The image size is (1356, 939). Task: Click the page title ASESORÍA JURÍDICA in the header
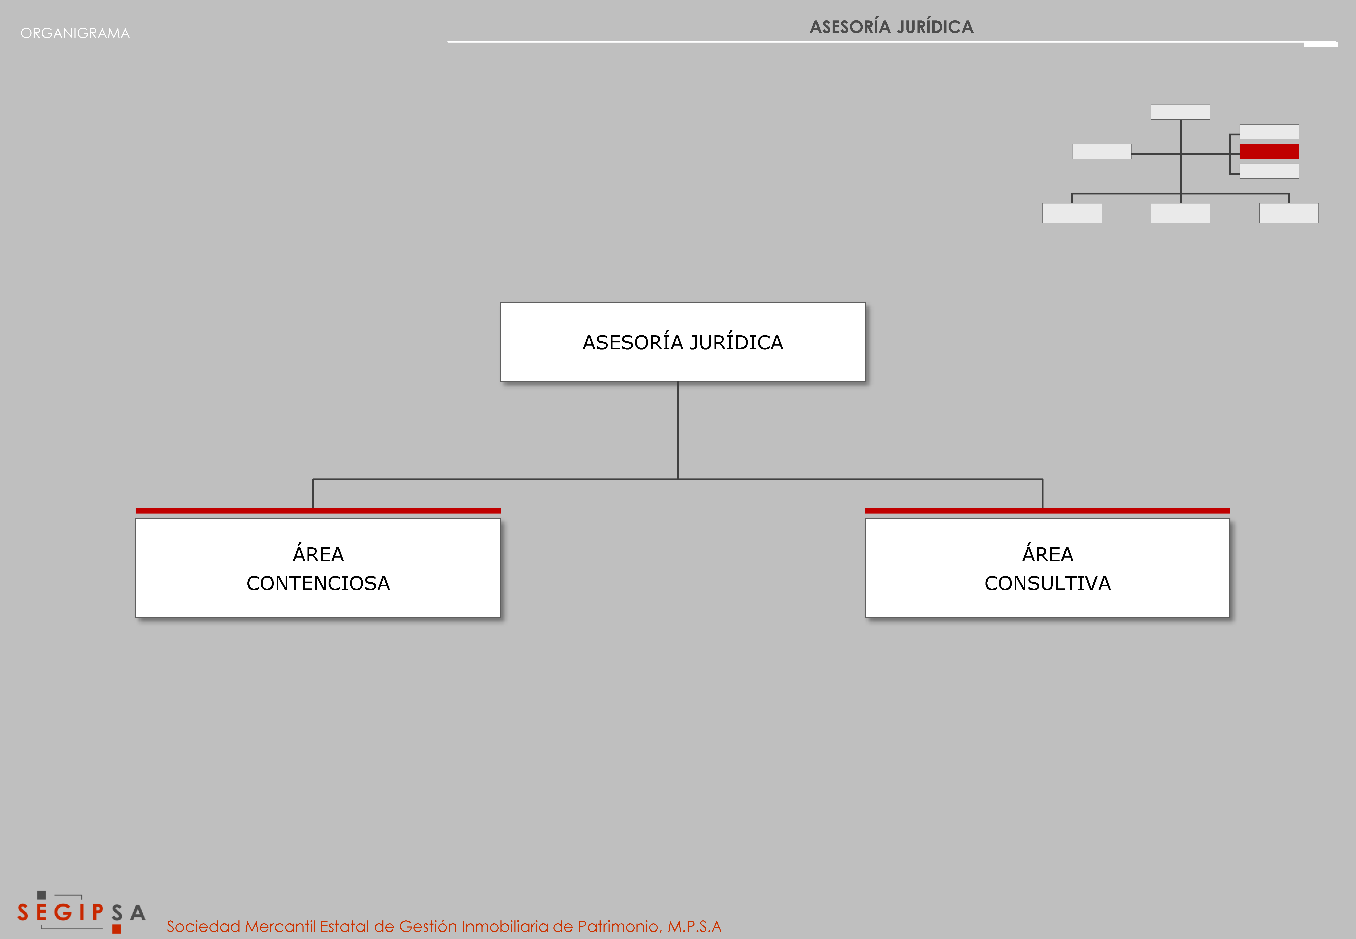[x=891, y=27]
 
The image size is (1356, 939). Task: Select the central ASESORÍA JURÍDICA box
[x=683, y=342]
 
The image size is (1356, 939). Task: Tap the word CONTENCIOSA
[x=318, y=583]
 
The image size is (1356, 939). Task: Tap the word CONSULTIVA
[x=1048, y=583]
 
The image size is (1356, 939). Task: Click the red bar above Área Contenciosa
[x=318, y=511]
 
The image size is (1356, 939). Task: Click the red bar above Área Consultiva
[x=1047, y=511]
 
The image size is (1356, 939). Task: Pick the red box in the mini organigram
[x=1269, y=151]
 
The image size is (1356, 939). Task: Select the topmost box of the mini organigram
[x=1180, y=112]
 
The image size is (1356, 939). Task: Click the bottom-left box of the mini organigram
[x=1072, y=213]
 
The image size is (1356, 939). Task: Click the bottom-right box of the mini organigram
[x=1289, y=213]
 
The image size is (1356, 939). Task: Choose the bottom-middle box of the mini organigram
[x=1180, y=213]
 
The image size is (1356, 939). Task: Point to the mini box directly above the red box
[x=1269, y=131]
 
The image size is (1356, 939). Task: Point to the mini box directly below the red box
[x=1269, y=171]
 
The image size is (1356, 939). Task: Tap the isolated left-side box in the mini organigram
[x=1101, y=151]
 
